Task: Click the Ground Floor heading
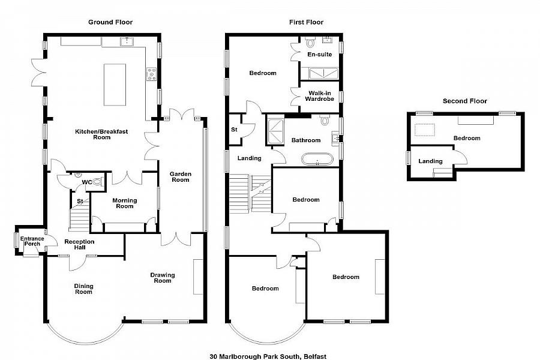[x=110, y=22]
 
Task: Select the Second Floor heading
[x=464, y=101]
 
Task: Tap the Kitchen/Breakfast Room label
[x=101, y=134]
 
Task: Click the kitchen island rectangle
[x=115, y=85]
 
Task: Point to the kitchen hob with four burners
[x=152, y=74]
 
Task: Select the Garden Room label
[x=181, y=177]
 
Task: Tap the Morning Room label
[x=125, y=203]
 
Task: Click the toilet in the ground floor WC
[x=98, y=182]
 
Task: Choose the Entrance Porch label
[x=32, y=241]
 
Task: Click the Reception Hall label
[x=79, y=244]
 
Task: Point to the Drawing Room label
[x=163, y=278]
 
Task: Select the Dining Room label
[x=83, y=289]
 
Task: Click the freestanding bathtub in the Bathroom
[x=317, y=159]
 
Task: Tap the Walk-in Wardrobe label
[x=320, y=96]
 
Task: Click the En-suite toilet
[x=311, y=43]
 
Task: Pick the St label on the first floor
[x=234, y=130]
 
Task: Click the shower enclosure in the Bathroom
[x=275, y=131]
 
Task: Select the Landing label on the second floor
[x=430, y=161]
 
